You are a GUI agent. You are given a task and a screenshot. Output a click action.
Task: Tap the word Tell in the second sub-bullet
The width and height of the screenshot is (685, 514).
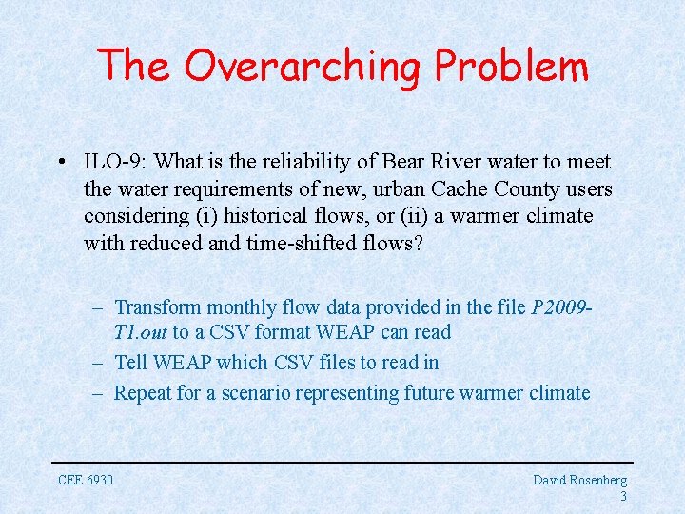tap(131, 363)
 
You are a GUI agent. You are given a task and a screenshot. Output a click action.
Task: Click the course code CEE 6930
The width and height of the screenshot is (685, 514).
tap(86, 480)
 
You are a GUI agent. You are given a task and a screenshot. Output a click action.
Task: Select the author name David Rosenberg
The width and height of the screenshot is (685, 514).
tap(579, 480)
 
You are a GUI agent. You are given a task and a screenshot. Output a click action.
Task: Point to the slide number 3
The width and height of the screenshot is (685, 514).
tap(623, 496)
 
